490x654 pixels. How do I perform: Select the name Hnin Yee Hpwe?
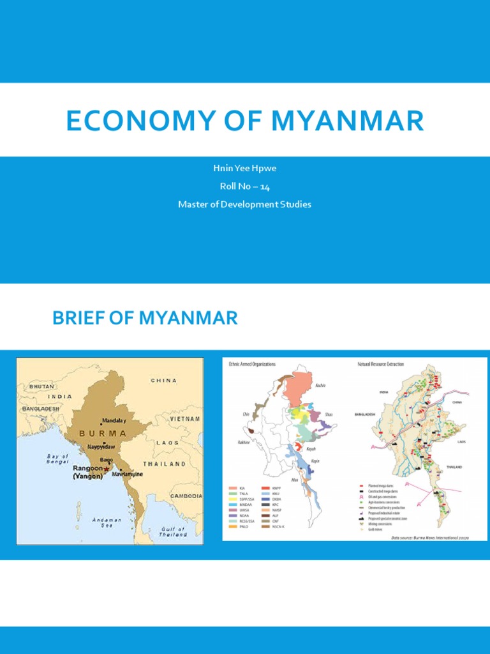coord(245,168)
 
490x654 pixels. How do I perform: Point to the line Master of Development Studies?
coord(245,204)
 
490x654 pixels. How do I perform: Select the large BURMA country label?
coord(103,433)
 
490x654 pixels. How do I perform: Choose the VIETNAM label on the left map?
coord(184,418)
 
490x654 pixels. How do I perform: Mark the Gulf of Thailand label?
coord(173,531)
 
